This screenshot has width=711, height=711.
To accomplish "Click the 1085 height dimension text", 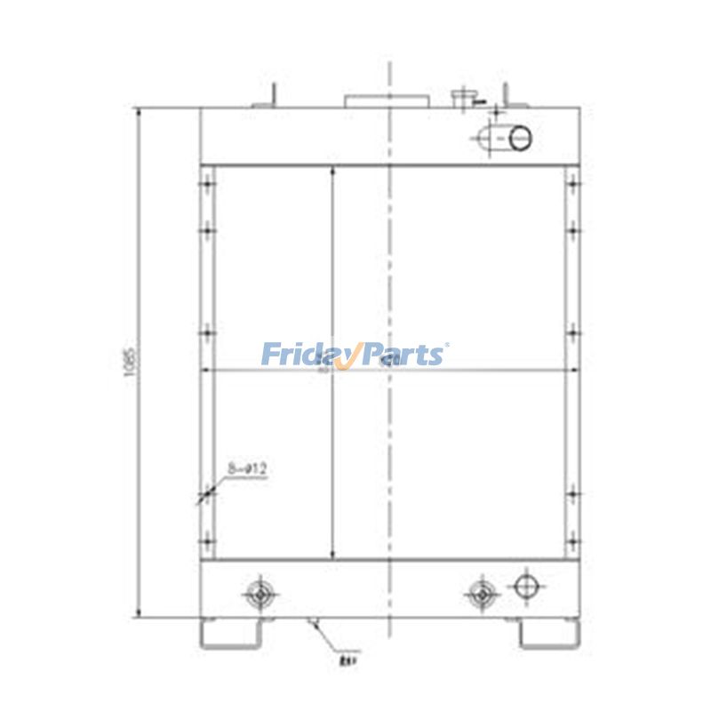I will point(130,363).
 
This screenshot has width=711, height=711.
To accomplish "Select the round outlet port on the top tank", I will point(520,138).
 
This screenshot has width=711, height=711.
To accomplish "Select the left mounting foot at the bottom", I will point(231,632).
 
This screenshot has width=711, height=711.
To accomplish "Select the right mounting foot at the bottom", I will point(549,632).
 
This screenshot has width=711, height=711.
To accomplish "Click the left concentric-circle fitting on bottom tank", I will point(260,593).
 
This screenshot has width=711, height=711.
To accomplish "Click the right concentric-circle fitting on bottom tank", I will point(482,593).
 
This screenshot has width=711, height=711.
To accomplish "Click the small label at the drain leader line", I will point(347,659).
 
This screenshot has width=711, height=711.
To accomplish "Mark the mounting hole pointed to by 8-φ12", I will point(207,492).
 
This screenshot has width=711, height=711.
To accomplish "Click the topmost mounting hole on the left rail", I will point(207,186).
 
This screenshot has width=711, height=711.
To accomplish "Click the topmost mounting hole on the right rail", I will point(573,186).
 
